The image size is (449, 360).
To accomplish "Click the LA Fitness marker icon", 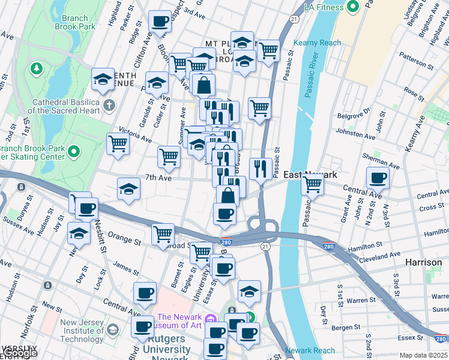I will click(354, 7).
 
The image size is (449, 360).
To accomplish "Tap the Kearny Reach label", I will click(317, 43).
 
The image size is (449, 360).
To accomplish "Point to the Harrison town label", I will click(423, 262).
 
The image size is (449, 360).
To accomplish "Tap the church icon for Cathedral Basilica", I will click(109, 106).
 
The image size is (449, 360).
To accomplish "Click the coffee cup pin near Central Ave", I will click(378, 178).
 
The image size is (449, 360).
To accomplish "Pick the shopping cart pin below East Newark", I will click(312, 185).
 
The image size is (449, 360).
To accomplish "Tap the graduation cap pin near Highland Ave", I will click(103, 79).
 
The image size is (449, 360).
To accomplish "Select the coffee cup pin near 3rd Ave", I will click(160, 22).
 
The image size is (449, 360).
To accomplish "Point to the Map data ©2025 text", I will click(423, 355).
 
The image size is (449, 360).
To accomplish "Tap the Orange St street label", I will click(124, 242).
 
